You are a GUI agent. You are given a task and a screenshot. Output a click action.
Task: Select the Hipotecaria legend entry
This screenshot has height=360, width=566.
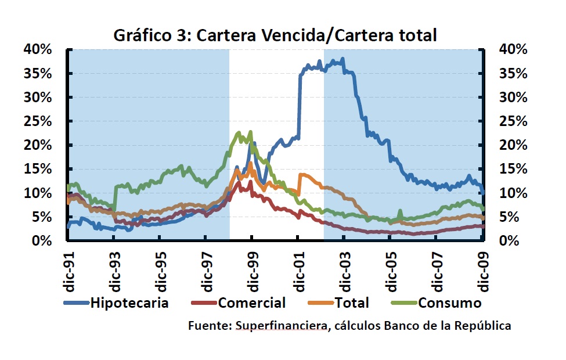tap(128, 303)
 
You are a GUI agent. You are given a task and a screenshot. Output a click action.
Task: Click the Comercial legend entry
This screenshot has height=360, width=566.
tap(251, 303)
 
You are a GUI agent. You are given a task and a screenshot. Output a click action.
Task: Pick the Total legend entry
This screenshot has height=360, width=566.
tap(352, 303)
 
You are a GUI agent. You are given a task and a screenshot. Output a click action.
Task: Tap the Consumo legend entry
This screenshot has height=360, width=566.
tap(450, 303)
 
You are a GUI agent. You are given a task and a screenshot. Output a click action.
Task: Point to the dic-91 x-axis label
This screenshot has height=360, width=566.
tap(69, 269)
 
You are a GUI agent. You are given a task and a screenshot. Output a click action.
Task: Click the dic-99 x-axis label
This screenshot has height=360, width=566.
tap(251, 269)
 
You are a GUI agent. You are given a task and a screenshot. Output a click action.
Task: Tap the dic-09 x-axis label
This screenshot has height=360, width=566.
tap(482, 269)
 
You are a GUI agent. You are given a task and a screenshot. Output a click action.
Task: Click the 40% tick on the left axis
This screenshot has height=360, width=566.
tap(38, 50)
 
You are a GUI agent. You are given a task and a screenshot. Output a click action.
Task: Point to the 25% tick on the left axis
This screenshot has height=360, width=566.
tap(38, 121)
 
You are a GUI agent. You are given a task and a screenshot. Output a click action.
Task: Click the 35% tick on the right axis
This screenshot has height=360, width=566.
tap(513, 74)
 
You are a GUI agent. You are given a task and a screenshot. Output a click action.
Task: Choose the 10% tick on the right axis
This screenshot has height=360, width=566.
tap(513, 193)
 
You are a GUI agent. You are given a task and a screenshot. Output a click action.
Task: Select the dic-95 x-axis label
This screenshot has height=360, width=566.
tap(160, 269)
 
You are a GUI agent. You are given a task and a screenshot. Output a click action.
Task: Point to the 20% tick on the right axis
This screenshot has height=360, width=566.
tap(513, 146)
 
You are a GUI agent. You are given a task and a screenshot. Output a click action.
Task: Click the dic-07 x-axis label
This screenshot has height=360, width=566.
tap(437, 269)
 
